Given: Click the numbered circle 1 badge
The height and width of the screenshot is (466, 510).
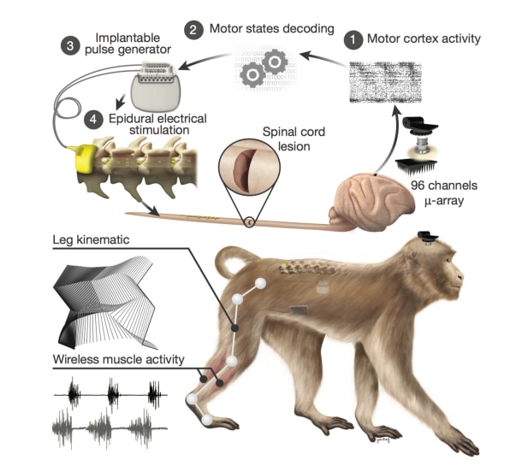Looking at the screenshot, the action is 353,40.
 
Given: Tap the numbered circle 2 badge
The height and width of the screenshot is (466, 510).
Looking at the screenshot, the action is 194,30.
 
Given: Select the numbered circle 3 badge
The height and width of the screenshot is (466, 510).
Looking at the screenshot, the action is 70,45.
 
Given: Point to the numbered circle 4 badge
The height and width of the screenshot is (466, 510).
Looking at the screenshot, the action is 93,120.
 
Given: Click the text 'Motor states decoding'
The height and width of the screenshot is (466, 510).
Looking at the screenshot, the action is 271,29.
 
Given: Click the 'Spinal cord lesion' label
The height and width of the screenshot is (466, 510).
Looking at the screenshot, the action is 294,139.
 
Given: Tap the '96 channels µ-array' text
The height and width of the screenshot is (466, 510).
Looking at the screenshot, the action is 444,193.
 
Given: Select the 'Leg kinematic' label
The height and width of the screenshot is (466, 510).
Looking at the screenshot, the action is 91,239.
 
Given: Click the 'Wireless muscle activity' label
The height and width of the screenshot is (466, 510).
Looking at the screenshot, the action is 118,359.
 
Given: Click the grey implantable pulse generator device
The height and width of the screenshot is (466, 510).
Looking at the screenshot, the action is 156,87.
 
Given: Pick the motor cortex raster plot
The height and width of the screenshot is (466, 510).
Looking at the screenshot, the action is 385,82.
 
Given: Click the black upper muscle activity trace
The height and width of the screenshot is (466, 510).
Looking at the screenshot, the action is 110,394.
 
